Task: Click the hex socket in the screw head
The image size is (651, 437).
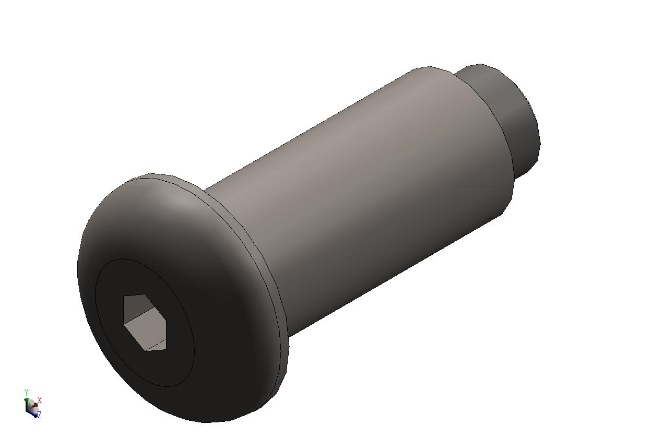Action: [145, 322]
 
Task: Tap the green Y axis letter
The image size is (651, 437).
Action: [26, 392]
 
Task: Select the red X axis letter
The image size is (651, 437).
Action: [40, 400]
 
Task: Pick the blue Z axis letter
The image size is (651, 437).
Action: [39, 415]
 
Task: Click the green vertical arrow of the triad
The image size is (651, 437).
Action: [27, 403]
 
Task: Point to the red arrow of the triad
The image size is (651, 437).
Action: [34, 405]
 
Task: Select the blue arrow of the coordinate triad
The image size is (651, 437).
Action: [32, 415]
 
